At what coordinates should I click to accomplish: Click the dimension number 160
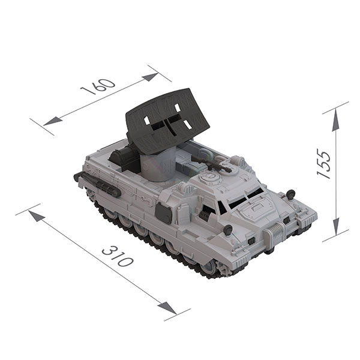click(98, 86)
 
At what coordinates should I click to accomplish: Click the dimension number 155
click(324, 163)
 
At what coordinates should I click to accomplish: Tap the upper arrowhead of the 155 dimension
click(336, 119)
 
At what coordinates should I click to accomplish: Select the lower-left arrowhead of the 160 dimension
click(52, 121)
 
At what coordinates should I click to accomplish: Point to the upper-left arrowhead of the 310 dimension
click(37, 216)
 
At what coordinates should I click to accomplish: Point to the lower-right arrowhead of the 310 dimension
click(167, 308)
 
